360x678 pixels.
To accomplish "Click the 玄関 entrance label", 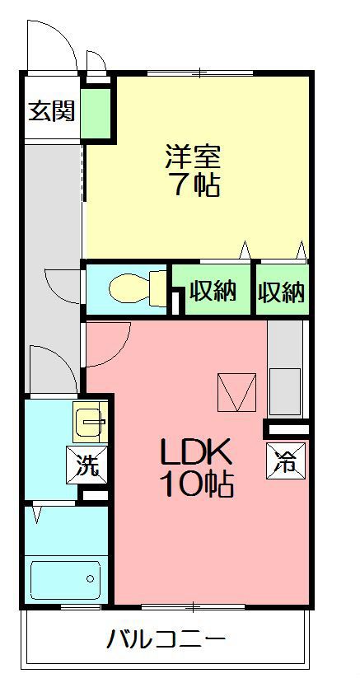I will pyautogui.click(x=52, y=110).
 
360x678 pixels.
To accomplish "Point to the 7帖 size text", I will pyautogui.click(x=195, y=185).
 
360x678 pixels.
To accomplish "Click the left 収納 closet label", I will pyautogui.click(x=213, y=291).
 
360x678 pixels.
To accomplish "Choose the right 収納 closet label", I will pyautogui.click(x=281, y=292).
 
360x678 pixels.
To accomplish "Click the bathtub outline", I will pyautogui.click(x=66, y=581).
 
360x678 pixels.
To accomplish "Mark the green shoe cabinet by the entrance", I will pyautogui.click(x=96, y=113).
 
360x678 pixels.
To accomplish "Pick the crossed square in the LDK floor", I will pyautogui.click(x=237, y=392).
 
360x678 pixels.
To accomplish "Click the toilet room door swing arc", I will pyautogui.click(x=63, y=285).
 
